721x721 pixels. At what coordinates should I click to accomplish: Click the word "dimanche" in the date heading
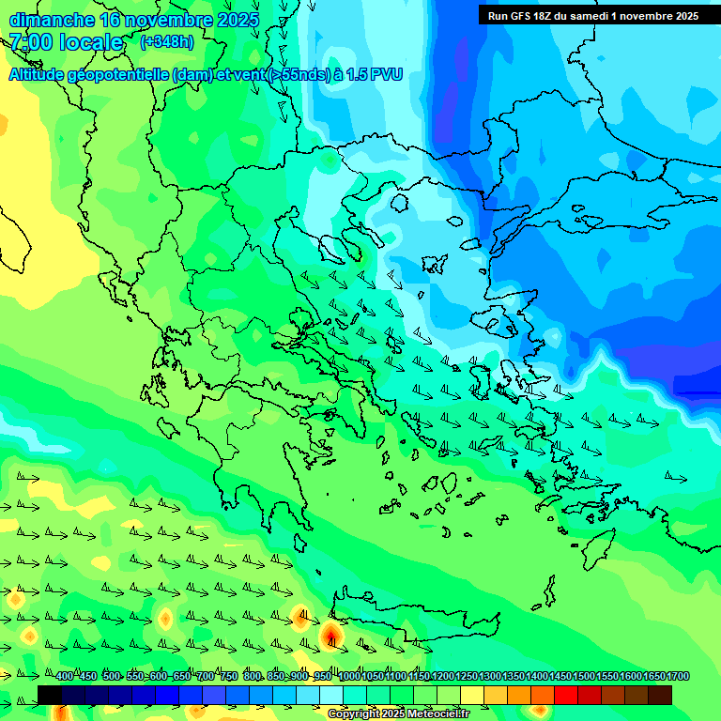point(51,20)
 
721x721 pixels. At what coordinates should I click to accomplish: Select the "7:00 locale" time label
point(66,42)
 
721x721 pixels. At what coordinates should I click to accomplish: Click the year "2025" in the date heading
point(238,20)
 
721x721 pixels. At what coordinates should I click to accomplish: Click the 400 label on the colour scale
point(64,677)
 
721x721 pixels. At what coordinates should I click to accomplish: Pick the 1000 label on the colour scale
point(349,677)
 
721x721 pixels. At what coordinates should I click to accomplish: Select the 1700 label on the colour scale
point(678,677)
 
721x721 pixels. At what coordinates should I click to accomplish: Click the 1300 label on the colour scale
point(490,677)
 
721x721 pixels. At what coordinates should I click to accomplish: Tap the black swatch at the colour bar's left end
point(50,695)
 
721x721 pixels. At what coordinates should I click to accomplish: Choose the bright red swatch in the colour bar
point(566,695)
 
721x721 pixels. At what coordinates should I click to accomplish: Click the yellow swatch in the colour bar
point(472,695)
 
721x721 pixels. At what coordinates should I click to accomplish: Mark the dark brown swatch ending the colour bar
point(660,695)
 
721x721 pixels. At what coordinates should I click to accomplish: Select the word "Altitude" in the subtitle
point(38,74)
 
